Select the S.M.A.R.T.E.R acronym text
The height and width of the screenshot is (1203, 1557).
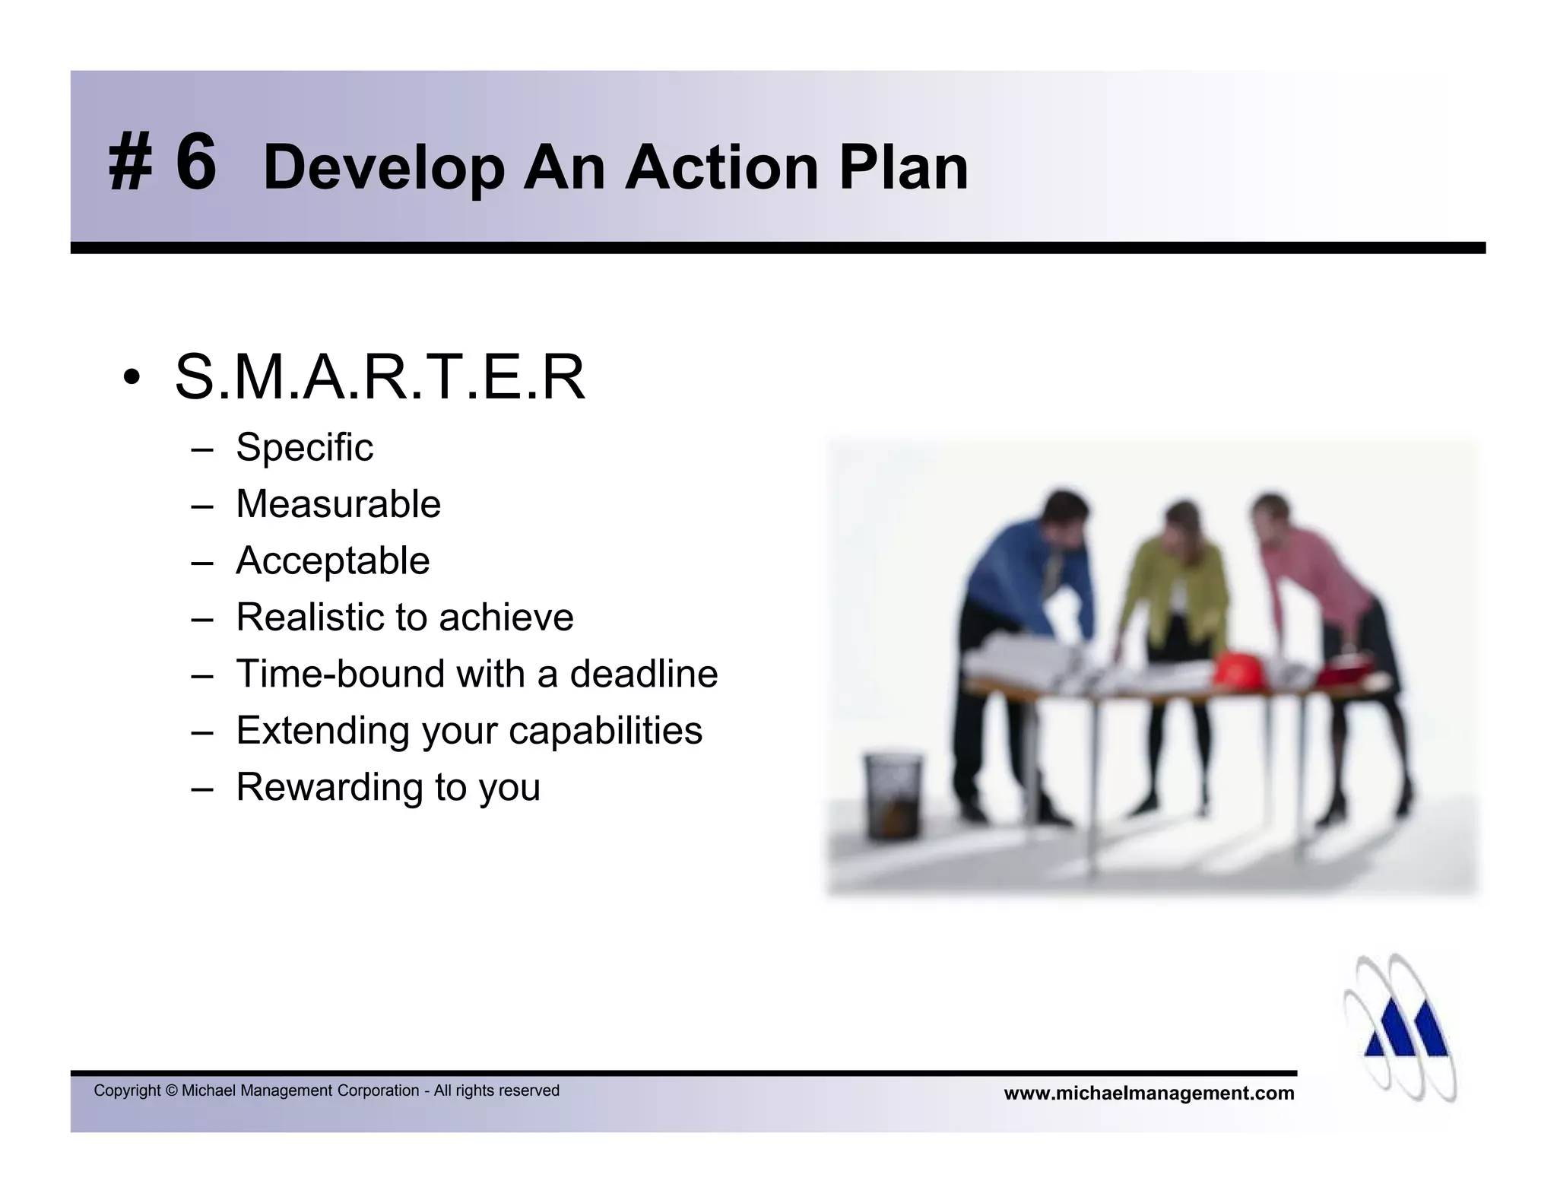pos(380,377)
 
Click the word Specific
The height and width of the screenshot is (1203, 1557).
pos(304,447)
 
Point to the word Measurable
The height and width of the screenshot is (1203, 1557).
pos(338,504)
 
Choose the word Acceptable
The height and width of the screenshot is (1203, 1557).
pos(332,560)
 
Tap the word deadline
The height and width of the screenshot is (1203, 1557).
pos(643,674)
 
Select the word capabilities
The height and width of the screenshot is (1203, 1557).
pos(605,730)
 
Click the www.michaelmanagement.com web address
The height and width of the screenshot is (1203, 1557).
pos(1149,1093)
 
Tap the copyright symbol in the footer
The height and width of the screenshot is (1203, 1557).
pos(171,1091)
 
